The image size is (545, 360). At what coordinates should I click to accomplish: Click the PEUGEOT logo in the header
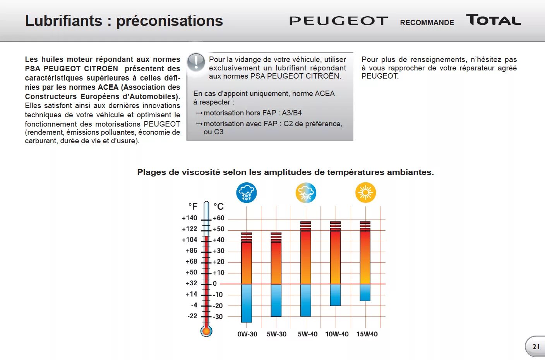[338, 21]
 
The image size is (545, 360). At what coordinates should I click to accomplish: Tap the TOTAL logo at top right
[494, 20]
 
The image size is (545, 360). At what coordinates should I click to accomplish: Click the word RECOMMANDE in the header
[427, 22]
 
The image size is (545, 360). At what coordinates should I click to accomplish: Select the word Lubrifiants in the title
[63, 21]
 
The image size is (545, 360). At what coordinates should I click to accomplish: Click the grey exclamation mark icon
[196, 62]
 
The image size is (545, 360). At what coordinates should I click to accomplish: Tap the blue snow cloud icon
[247, 192]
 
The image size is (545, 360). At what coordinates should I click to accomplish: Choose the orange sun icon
[365, 192]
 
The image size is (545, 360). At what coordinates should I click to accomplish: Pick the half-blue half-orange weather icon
[306, 192]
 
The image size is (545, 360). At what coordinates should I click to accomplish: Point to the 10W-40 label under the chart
[337, 334]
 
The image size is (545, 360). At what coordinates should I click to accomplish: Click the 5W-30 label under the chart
[276, 334]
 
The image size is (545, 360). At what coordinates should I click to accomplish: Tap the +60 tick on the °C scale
[219, 218]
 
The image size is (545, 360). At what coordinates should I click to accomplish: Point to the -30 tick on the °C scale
[218, 317]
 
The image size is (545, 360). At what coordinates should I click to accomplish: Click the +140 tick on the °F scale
[190, 218]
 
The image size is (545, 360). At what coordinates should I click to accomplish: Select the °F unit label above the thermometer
[193, 207]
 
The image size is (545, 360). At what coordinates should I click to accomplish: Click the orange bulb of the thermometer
[206, 331]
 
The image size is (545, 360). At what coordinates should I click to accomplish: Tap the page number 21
[536, 347]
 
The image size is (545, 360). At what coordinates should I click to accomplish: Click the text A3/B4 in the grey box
[292, 113]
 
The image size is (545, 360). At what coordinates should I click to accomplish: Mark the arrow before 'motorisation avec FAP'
[199, 124]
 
